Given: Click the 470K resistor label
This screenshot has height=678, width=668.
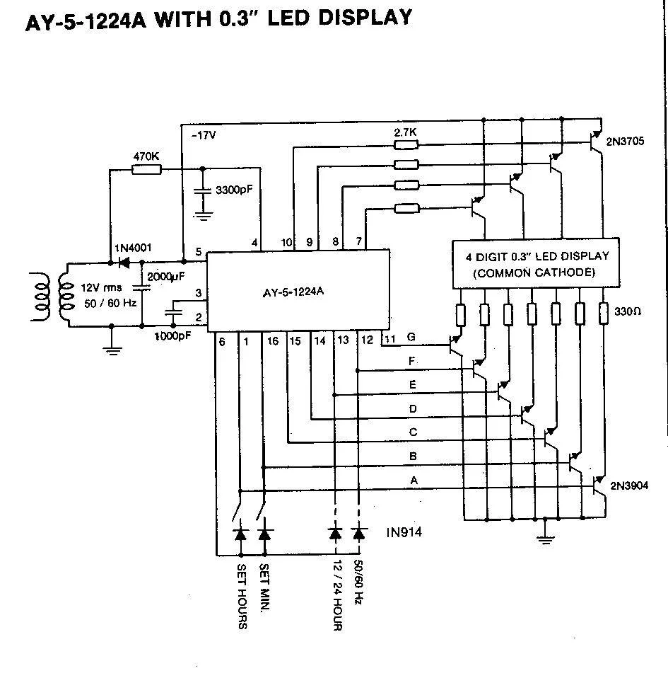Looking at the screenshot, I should click(x=146, y=156).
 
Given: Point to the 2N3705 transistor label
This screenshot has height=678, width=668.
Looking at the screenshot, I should click(x=625, y=142).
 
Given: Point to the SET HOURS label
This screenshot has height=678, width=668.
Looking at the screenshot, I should click(x=241, y=596).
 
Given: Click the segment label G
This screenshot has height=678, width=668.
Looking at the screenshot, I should click(x=411, y=338).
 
